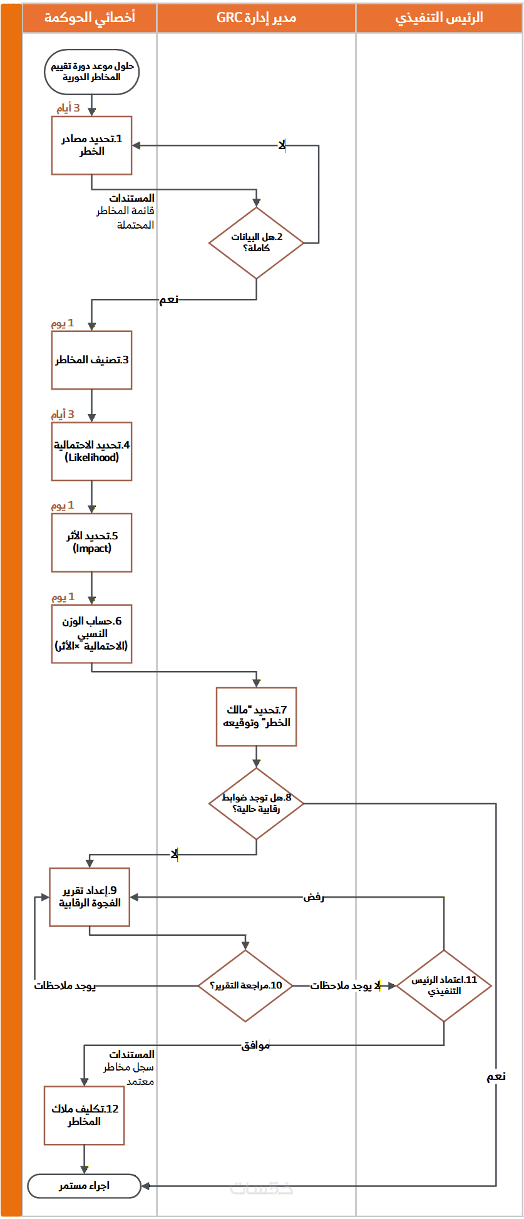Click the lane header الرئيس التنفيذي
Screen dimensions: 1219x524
(439, 18)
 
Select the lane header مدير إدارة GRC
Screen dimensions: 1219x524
(256, 18)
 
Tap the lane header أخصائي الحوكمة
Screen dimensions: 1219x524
(90, 18)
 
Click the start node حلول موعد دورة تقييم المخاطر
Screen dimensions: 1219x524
(91, 72)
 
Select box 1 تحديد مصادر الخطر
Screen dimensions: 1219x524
(91, 145)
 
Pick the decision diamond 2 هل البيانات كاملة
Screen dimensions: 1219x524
(256, 243)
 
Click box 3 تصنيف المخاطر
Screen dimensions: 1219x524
(91, 360)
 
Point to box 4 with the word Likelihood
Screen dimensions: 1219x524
(91, 452)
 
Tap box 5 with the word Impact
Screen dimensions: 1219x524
(91, 542)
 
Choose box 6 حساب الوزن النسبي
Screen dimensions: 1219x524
(91, 634)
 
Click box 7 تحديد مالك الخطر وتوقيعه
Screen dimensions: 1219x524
(256, 717)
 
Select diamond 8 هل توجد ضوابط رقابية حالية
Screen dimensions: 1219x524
(256, 804)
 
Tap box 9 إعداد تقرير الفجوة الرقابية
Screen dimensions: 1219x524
(90, 897)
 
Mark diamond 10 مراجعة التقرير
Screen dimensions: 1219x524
(246, 986)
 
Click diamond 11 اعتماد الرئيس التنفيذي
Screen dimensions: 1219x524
(444, 986)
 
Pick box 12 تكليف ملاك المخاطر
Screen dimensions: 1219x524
(84, 1116)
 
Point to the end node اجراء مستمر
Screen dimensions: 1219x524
(84, 1186)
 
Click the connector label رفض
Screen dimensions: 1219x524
(314, 897)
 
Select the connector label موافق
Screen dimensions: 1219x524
(255, 1045)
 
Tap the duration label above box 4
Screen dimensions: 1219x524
(63, 415)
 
